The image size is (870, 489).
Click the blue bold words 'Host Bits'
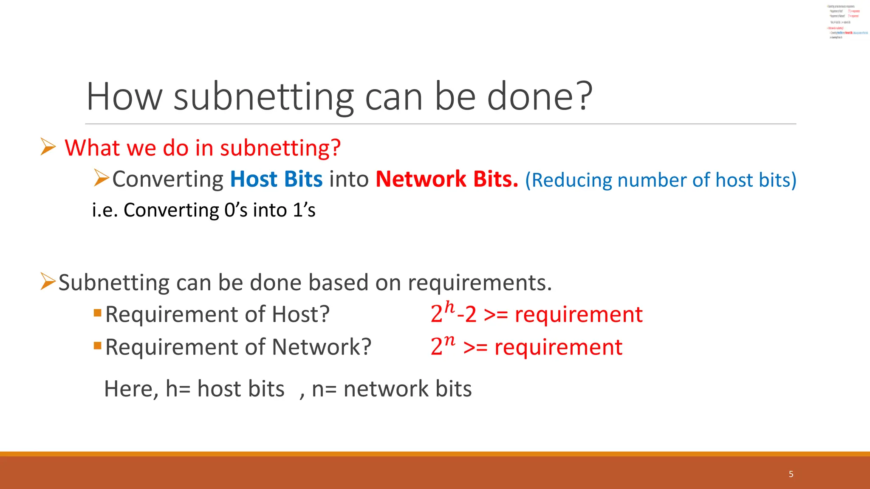pos(276,179)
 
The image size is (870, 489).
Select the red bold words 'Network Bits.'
pos(447,179)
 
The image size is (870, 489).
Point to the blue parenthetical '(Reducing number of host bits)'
pos(661,180)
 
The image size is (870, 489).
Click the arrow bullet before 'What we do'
pos(48,147)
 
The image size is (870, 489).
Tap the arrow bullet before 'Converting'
pos(102,178)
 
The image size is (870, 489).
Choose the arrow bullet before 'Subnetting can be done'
pos(48,281)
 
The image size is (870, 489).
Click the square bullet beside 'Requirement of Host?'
pos(98,313)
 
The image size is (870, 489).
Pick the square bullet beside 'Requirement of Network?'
pos(98,346)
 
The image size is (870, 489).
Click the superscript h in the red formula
pos(449,307)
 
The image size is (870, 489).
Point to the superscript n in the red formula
pos(449,340)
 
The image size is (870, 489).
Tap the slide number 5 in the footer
pos(791,474)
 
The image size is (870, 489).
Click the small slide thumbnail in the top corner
pos(847,21)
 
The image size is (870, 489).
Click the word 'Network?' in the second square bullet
pos(321,347)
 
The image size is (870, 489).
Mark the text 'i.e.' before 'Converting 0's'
pos(105,210)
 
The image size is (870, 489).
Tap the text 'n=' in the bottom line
pos(324,389)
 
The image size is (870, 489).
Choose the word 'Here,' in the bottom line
pos(131,389)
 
